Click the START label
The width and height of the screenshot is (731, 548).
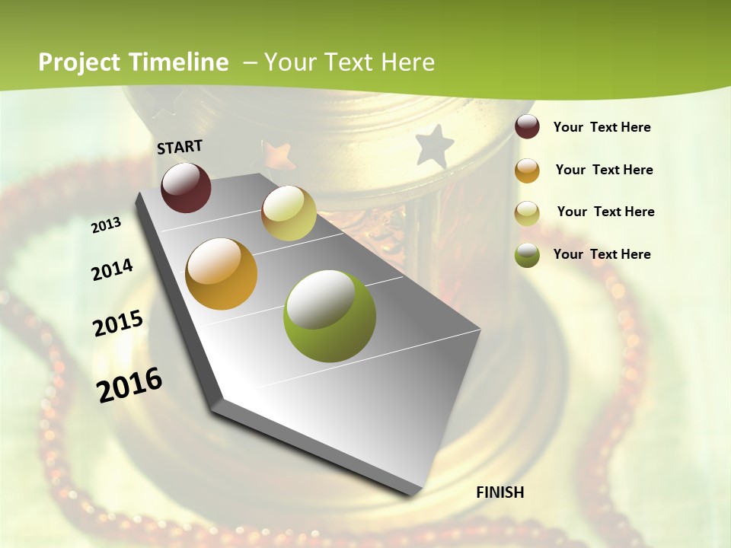pos(180,147)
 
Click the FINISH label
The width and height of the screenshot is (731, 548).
pos(500,492)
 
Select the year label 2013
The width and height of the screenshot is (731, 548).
pos(107,225)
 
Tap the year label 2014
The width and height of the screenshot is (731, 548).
pos(112,269)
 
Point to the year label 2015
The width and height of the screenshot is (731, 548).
pos(118,323)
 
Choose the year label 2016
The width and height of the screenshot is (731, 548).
pos(129,384)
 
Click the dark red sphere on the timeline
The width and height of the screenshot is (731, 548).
pos(186,187)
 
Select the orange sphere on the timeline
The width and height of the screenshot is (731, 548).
pos(222,274)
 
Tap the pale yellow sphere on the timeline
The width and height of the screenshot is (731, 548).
pos(289,213)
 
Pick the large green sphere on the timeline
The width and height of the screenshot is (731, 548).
pos(330,316)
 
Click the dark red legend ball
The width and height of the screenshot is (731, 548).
pos(527,127)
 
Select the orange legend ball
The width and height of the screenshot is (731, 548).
pos(527,170)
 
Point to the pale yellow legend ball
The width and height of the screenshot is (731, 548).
pos(527,213)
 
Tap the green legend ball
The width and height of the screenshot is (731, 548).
pos(527,255)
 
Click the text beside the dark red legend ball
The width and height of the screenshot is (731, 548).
pos(602,127)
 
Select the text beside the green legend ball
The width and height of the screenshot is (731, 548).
pos(602,254)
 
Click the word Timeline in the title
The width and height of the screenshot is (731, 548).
pos(180,62)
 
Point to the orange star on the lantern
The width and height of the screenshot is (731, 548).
pos(279,155)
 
